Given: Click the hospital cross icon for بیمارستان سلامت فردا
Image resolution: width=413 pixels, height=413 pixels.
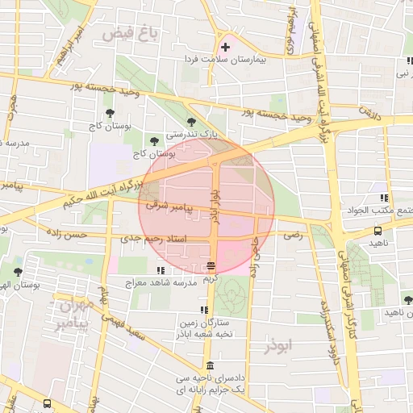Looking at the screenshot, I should pyautogui.click(x=225, y=48).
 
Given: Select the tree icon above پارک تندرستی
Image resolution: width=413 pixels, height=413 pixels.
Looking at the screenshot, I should pyautogui.click(x=191, y=121).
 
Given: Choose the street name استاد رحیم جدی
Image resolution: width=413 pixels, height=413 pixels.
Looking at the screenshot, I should pyautogui.click(x=153, y=239).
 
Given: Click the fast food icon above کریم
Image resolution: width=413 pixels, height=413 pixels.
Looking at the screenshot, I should pyautogui.click(x=211, y=265).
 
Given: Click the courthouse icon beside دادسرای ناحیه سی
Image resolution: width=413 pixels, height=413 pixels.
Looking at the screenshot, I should pyautogui.click(x=210, y=365).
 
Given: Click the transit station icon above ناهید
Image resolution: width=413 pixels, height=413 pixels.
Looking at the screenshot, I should pyautogui.click(x=377, y=230).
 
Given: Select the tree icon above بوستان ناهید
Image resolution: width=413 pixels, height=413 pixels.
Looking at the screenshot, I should pyautogui.click(x=408, y=299).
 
